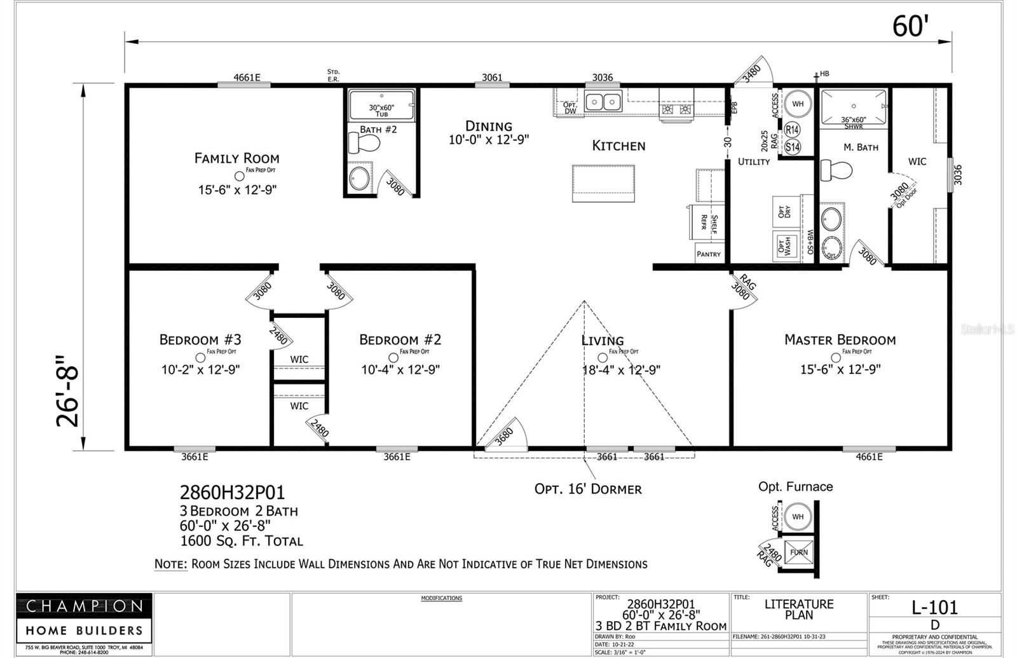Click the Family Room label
coord(236,158)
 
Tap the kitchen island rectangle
coord(603,183)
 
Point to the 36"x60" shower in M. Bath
coord(853,107)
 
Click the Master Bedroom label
coord(840,339)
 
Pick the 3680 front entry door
coord(506,436)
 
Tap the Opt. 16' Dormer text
coord(588,489)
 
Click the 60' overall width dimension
coord(910,27)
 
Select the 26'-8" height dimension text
coord(68,391)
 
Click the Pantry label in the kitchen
coord(708,254)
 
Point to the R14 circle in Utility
coord(792,130)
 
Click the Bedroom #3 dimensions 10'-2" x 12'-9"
coord(200,369)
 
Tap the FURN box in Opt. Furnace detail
coord(798,552)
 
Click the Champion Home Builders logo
coord(84,619)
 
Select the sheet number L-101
coord(934,607)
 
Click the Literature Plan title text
coord(799,609)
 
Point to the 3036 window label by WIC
coord(958,175)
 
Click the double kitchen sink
coord(603,101)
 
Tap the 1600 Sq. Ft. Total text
coord(242,541)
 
